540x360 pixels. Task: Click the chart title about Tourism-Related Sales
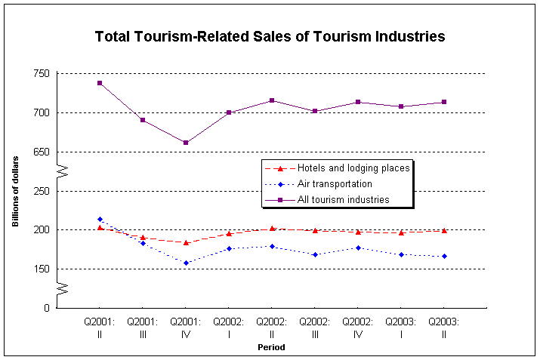pyautogui.click(x=270, y=36)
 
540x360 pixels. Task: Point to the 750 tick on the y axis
pyautogui.click(x=40, y=73)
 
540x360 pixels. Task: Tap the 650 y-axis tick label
pyautogui.click(x=40, y=152)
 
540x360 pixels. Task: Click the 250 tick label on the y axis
pyautogui.click(x=40, y=191)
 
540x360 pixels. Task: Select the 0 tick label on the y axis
pyautogui.click(x=45, y=308)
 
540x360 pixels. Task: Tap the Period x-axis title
pyautogui.click(x=270, y=347)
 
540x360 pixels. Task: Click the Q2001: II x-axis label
pyautogui.click(x=99, y=328)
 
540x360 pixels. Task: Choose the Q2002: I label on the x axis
pyautogui.click(x=228, y=328)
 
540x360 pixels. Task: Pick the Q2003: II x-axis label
pyautogui.click(x=443, y=328)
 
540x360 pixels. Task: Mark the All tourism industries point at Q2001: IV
pyautogui.click(x=185, y=143)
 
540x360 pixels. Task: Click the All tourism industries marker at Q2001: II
pyautogui.click(x=100, y=83)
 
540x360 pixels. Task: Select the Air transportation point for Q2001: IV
pyautogui.click(x=185, y=263)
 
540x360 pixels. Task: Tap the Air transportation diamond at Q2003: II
pyautogui.click(x=443, y=257)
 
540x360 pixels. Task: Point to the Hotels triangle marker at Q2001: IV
pyautogui.click(x=185, y=242)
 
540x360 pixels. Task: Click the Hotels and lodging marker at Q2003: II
pyautogui.click(x=443, y=230)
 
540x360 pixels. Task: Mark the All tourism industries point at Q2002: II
pyautogui.click(x=271, y=100)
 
